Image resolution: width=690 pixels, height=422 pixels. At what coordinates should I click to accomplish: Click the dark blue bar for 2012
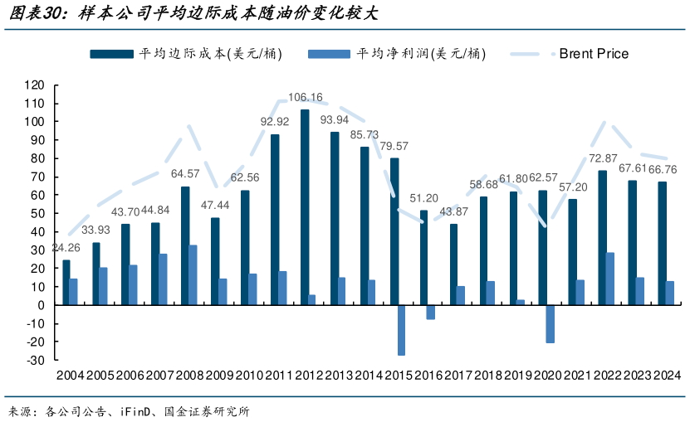[x=305, y=207]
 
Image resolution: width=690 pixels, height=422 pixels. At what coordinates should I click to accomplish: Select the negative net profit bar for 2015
[x=402, y=330]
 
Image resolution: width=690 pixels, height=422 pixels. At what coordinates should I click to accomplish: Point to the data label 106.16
[x=306, y=97]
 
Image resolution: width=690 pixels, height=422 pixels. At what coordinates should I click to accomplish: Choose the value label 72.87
[x=603, y=158]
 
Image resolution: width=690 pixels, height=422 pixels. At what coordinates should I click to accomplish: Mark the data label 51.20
[x=423, y=198]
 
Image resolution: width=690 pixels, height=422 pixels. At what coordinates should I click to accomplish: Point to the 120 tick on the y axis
[x=33, y=85]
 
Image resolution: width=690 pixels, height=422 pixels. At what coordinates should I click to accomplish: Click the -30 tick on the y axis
[x=33, y=360]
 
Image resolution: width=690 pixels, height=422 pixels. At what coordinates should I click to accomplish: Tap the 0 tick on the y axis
[x=39, y=305]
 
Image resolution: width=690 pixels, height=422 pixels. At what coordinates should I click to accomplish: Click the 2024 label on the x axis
[x=667, y=376]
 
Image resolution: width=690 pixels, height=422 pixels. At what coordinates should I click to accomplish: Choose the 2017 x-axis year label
[x=458, y=376]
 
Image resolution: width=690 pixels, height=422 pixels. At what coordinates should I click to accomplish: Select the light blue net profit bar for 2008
[x=193, y=274]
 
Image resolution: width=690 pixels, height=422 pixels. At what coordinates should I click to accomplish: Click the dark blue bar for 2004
[x=66, y=283]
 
